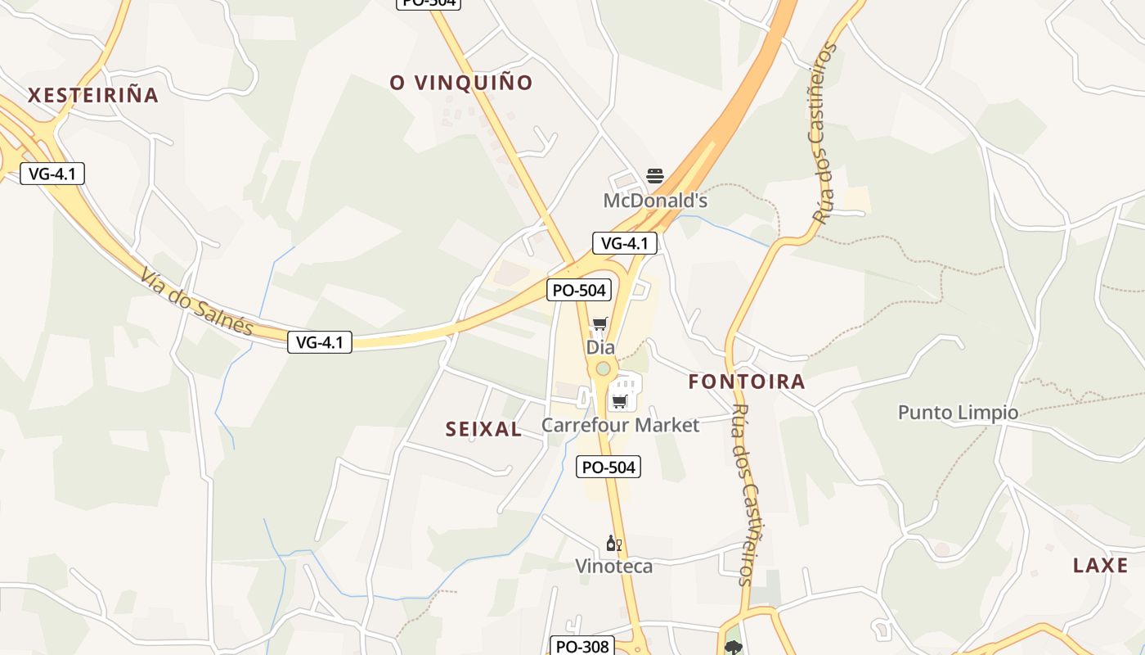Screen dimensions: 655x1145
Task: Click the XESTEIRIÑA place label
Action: (x=93, y=95)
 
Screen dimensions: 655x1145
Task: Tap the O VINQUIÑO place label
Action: (x=461, y=83)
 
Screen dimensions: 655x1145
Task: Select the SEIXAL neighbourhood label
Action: (x=483, y=429)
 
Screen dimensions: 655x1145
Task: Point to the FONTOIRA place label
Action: (x=747, y=382)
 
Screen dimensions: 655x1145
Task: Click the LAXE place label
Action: (x=1101, y=565)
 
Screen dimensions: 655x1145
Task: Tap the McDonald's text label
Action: (x=655, y=201)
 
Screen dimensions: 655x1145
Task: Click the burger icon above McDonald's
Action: (x=655, y=175)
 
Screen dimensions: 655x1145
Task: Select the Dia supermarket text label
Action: (x=600, y=347)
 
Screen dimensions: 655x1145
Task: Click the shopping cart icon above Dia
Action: (x=600, y=324)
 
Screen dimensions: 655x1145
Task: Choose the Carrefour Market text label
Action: (x=621, y=425)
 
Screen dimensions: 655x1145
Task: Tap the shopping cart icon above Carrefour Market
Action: (x=620, y=401)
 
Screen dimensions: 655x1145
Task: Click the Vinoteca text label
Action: (x=614, y=566)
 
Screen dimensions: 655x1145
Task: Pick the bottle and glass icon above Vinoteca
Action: (x=614, y=543)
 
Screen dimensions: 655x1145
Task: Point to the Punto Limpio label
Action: (x=959, y=412)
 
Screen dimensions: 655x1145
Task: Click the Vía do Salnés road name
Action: (x=196, y=301)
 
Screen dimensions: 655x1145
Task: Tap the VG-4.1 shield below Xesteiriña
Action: (x=52, y=174)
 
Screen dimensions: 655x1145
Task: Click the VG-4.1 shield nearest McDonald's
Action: (x=625, y=243)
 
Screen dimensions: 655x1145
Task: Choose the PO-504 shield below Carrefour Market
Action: (x=608, y=467)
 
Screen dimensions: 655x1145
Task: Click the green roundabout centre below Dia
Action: (x=603, y=369)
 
